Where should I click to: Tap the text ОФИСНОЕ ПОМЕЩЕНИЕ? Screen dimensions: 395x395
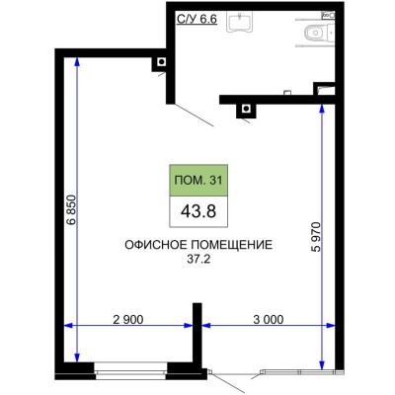(198, 245)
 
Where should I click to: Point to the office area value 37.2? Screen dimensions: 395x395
(198, 261)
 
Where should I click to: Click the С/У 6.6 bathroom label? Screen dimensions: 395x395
(197, 17)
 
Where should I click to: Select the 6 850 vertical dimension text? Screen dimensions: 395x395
(68, 209)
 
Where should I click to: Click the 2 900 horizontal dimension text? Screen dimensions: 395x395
(128, 318)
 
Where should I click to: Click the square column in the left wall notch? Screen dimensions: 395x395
(158, 64)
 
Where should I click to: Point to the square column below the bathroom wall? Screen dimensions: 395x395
(241, 111)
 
